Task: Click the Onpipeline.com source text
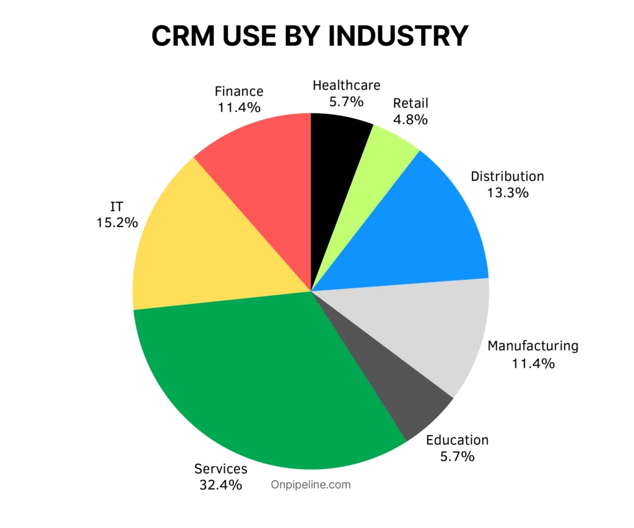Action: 311,485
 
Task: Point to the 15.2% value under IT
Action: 116,222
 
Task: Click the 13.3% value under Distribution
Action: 507,193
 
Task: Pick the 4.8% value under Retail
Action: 410,119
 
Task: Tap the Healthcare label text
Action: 346,85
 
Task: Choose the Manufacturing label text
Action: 532,346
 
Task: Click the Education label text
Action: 457,440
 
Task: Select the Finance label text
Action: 239,92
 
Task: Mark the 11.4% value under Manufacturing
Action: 532,363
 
